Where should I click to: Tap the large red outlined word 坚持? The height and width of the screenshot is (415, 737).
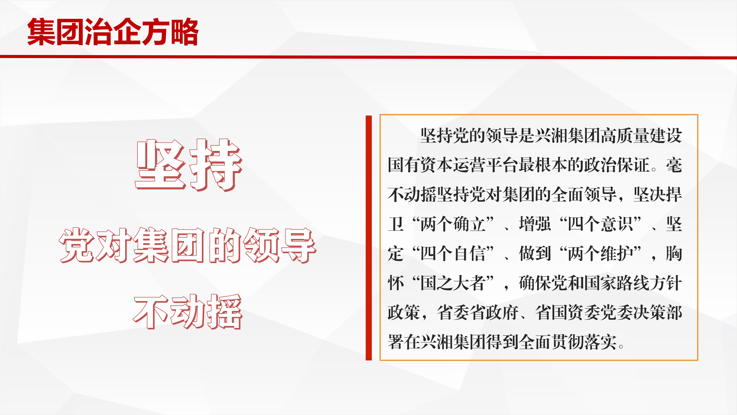coord(189,165)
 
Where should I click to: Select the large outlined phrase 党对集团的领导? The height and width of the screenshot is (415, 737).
coord(187,245)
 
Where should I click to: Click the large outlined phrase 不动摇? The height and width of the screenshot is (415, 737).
coord(188,312)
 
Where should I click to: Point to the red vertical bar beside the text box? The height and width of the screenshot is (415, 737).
coord(368,238)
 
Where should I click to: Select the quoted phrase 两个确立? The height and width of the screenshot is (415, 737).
coord(453,224)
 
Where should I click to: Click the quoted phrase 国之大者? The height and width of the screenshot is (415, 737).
coord(453,283)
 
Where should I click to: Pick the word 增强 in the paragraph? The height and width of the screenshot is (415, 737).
coord(535,224)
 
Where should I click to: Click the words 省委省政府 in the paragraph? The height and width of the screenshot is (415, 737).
coord(478,313)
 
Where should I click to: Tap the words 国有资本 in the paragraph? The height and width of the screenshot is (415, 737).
coord(420,165)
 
